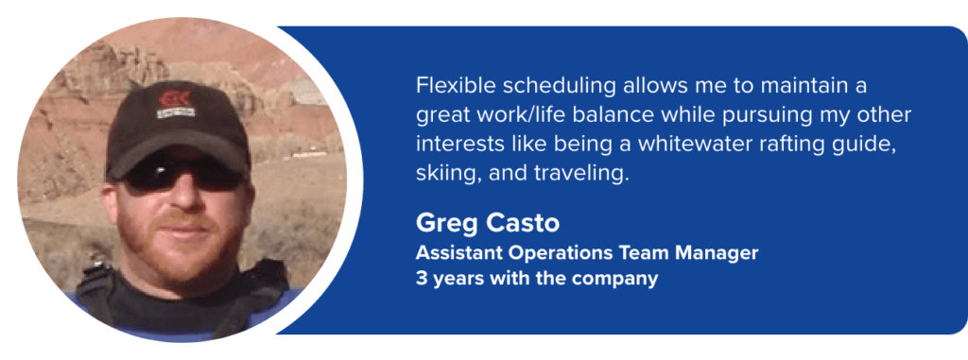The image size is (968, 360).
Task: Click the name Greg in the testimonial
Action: [x=442, y=225]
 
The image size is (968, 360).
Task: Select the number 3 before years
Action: [x=421, y=280]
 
